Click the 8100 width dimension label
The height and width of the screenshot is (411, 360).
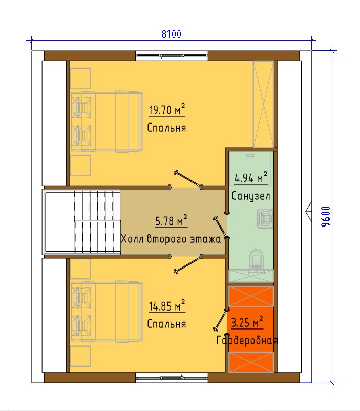pyautogui.click(x=172, y=34)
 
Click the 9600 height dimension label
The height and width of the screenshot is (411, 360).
pyautogui.click(x=326, y=216)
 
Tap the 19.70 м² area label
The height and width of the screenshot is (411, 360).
pyautogui.click(x=167, y=110)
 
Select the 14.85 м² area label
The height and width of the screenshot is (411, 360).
pyautogui.click(x=167, y=306)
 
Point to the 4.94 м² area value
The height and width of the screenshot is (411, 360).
pyautogui.click(x=251, y=178)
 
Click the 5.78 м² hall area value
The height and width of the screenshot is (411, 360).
pyautogui.click(x=172, y=221)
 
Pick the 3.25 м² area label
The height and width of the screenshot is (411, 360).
pyautogui.click(x=247, y=322)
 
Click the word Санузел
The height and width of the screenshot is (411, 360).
pyautogui.click(x=251, y=196)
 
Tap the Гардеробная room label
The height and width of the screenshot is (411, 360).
pyautogui.click(x=246, y=341)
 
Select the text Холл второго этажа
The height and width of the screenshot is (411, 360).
pyautogui.click(x=171, y=239)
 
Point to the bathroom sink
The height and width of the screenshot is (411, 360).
pyautogui.click(x=265, y=218)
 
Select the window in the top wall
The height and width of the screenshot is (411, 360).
pyautogui.click(x=172, y=56)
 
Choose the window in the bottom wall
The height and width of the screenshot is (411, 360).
pyautogui.click(x=172, y=378)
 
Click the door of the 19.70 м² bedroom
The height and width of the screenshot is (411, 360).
pyautogui.click(x=188, y=180)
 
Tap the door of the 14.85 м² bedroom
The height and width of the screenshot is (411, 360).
pyautogui.click(x=188, y=264)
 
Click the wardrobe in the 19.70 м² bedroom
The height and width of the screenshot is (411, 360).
pyautogui.click(x=263, y=105)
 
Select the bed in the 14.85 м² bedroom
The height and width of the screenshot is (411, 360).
pyautogui.click(x=107, y=312)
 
